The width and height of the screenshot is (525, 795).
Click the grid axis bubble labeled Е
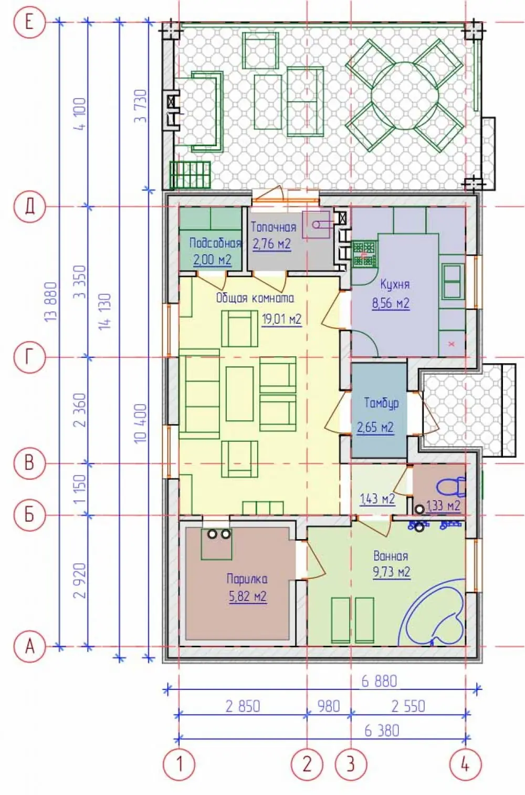click(30, 23)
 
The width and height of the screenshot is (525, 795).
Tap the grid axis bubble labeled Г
click(30, 357)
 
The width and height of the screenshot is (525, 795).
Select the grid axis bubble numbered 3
click(351, 764)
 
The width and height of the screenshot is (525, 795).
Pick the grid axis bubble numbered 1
click(180, 764)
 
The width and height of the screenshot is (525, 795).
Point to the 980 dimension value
click(329, 706)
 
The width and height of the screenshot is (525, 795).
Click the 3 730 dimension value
click(140, 106)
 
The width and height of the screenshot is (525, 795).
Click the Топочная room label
click(274, 227)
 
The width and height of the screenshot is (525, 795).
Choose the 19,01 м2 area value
click(281, 319)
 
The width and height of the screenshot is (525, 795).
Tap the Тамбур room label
click(382, 403)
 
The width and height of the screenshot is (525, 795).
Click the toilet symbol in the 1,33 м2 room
click(450, 487)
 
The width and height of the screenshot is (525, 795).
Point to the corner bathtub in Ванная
click(433, 612)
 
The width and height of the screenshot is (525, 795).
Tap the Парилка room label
click(247, 579)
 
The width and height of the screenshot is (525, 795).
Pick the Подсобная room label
click(215, 243)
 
